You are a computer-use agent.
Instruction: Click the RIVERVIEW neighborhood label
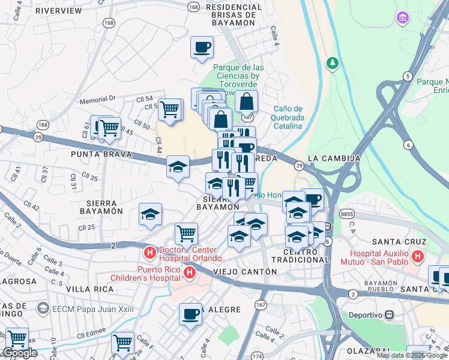click(x=58, y=11)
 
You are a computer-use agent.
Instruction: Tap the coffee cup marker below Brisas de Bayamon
click(x=202, y=47)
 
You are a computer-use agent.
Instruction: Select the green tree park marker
click(x=331, y=63)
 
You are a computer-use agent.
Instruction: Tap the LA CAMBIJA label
click(x=334, y=158)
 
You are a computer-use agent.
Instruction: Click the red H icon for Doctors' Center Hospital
click(x=149, y=249)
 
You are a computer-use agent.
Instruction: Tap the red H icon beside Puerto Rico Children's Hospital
click(x=190, y=274)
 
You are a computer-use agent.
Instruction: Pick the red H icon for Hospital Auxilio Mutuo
click(x=418, y=257)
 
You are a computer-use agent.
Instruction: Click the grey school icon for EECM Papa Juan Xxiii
click(x=42, y=308)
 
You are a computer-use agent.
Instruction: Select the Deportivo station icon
click(x=389, y=314)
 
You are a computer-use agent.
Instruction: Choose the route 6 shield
click(x=409, y=145)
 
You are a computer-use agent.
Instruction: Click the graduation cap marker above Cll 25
click(x=150, y=215)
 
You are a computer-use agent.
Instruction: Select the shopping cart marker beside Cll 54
click(x=170, y=110)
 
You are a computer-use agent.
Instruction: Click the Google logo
click(x=20, y=353)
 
